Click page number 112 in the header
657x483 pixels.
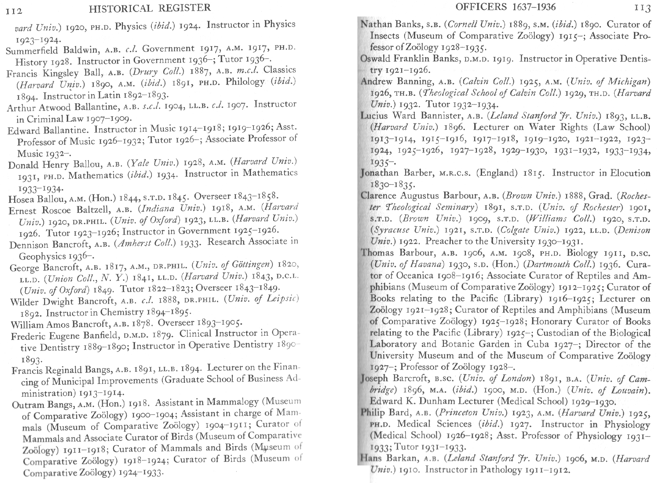click(x=14, y=11)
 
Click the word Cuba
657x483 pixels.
click(x=539, y=344)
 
